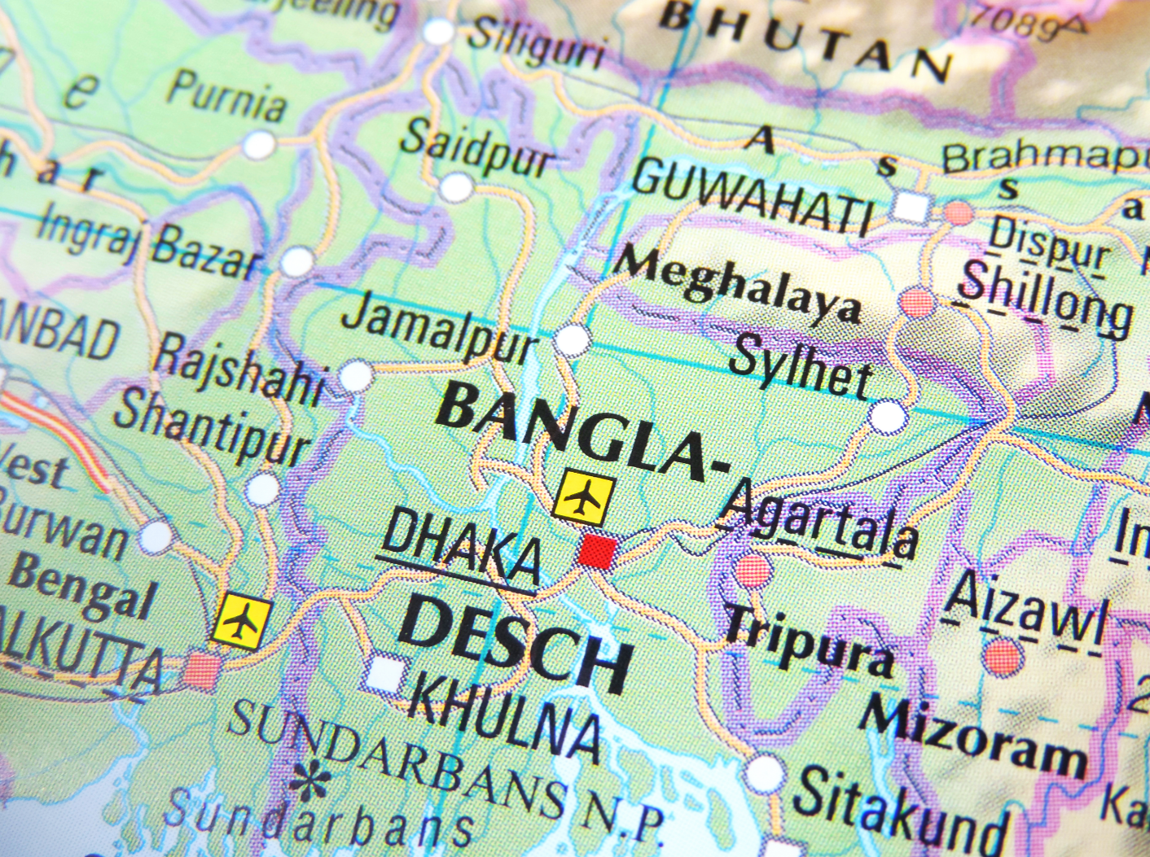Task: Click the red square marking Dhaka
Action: point(597,552)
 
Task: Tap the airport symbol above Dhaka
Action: point(583,496)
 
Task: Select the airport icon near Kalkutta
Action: point(241,621)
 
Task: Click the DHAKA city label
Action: point(461,549)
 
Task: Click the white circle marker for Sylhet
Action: point(887,418)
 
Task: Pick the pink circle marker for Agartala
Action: point(753,570)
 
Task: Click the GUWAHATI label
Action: point(753,195)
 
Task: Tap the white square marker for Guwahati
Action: point(910,207)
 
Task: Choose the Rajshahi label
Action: point(239,369)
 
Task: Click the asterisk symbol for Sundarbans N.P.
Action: point(310,782)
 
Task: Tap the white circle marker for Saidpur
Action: point(456,187)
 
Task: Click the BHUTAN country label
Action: point(805,40)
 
